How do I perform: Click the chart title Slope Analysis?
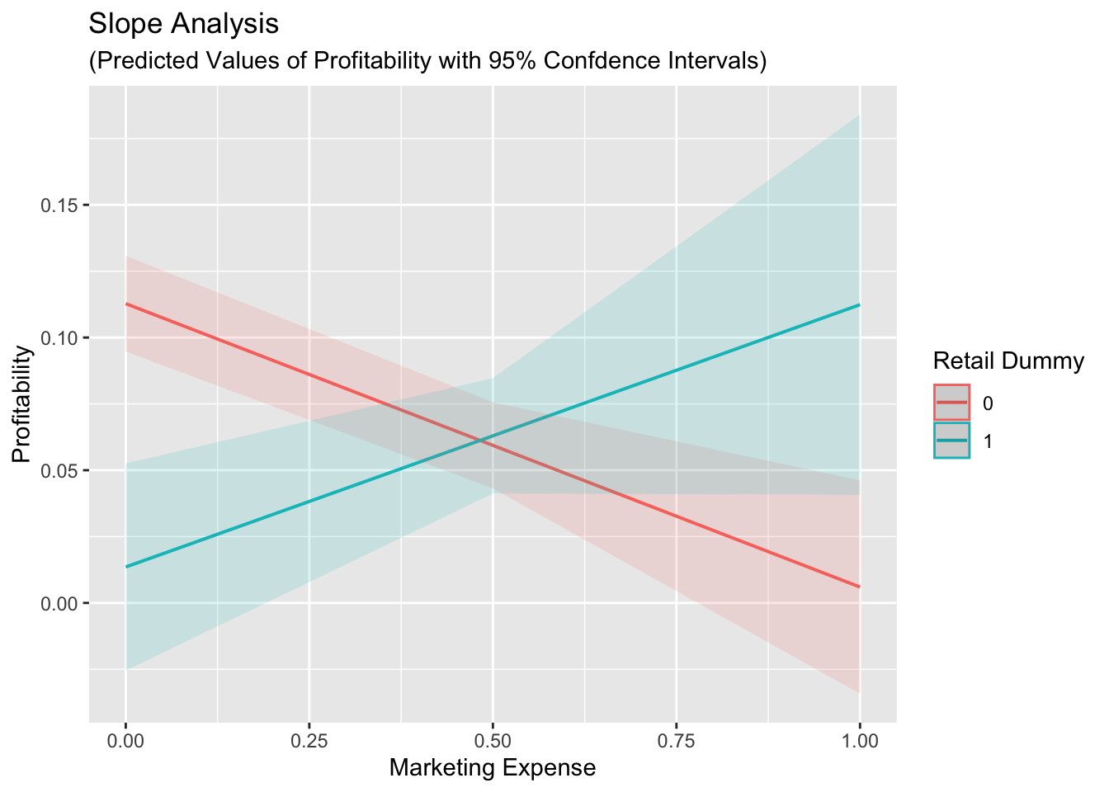pos(184,25)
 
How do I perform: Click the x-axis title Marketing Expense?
pos(492,768)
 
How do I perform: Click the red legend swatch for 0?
pos(952,403)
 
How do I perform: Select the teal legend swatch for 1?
pos(952,441)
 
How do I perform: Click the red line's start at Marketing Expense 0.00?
pos(126,304)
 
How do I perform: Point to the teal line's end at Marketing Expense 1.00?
pos(860,304)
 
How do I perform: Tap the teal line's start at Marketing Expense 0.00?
pos(126,567)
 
